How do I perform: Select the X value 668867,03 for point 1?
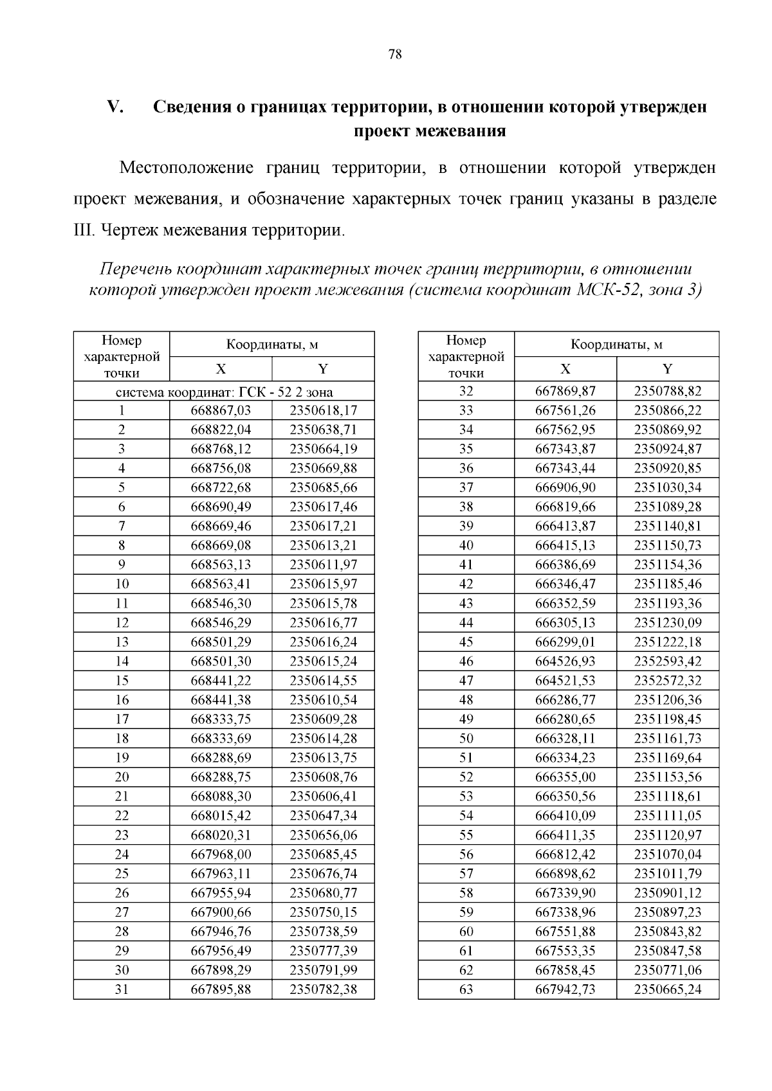(x=221, y=410)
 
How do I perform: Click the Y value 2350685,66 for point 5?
(x=323, y=487)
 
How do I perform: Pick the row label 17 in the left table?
(x=122, y=719)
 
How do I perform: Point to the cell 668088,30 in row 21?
(x=221, y=796)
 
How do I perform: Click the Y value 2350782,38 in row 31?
(x=323, y=989)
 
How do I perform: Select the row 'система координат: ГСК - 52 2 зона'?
(x=223, y=392)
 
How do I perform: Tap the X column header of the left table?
(x=221, y=369)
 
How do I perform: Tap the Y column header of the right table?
(x=667, y=369)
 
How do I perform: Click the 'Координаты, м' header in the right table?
(x=616, y=345)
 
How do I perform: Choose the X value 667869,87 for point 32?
(x=565, y=391)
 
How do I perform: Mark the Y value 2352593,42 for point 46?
(x=667, y=661)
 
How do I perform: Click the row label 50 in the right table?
(x=466, y=738)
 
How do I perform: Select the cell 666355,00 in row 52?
(x=565, y=777)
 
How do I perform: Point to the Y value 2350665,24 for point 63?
(x=667, y=989)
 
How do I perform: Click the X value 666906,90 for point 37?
(x=565, y=487)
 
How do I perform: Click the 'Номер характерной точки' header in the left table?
(x=122, y=356)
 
